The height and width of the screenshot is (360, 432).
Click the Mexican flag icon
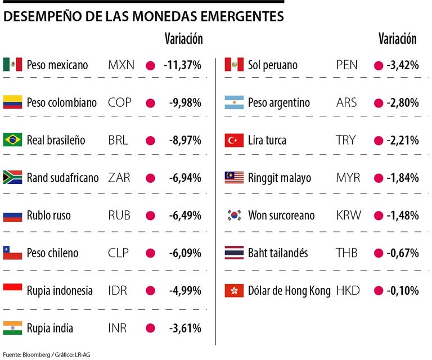[x=12, y=65]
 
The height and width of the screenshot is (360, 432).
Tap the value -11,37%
[x=182, y=65]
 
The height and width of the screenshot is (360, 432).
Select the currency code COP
[x=120, y=103]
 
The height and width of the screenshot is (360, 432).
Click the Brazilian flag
[x=12, y=140]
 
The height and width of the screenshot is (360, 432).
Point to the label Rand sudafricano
[x=62, y=178]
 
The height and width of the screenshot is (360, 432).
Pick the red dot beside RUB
[x=150, y=215]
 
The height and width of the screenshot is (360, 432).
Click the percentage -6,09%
[x=185, y=253]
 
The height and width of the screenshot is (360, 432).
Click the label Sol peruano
[x=272, y=65]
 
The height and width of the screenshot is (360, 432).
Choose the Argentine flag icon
[x=233, y=103]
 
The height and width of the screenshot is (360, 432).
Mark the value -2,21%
[x=403, y=140]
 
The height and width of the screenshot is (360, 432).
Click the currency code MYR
[x=349, y=178]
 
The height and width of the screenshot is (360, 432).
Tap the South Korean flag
[x=233, y=215]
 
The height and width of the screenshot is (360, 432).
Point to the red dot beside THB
[x=378, y=253]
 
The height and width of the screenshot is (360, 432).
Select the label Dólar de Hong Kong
[x=289, y=291]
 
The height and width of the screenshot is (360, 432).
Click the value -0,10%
[x=403, y=291]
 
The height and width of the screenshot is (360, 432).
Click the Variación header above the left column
[x=183, y=39]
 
